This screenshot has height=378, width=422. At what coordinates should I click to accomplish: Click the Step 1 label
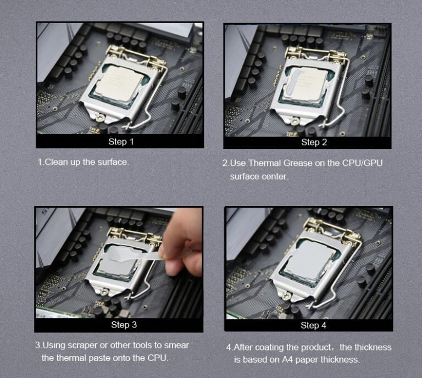pos(121,142)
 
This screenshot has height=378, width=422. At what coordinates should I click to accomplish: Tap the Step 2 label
pos(314,142)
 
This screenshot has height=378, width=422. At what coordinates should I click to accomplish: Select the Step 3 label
pos(124,325)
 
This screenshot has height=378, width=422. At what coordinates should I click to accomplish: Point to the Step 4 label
pos(313,325)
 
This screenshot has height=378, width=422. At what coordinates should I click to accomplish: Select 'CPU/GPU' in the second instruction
pos(362,163)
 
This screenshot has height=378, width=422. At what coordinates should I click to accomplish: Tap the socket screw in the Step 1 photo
pos(101,118)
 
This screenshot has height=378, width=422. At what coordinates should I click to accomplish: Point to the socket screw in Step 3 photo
pos(104,291)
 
